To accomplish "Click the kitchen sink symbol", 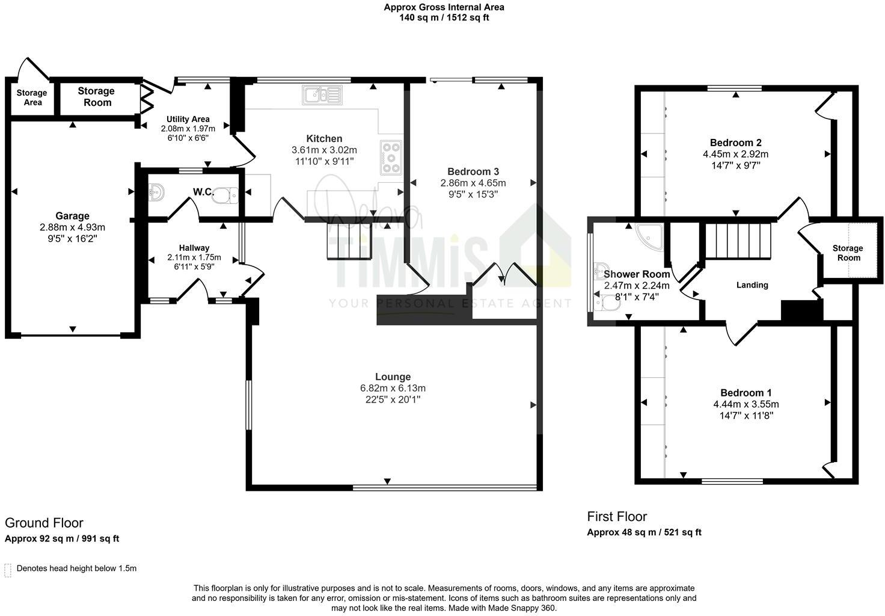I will (323, 95).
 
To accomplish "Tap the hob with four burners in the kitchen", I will (391, 157).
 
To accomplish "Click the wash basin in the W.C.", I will (156, 192).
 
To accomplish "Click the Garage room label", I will (72, 216).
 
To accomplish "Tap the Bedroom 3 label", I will (473, 171).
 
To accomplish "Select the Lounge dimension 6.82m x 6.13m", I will (393, 388).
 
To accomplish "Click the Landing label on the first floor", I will (752, 285).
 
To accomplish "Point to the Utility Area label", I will (188, 119).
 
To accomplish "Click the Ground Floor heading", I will (44, 523).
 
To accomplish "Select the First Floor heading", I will (617, 516).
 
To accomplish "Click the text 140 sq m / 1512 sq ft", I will (444, 18).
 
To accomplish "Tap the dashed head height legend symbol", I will (8, 570).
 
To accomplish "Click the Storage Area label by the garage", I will (32, 97).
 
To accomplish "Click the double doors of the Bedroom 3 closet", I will (503, 274).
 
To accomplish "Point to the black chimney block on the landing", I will (801, 311).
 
